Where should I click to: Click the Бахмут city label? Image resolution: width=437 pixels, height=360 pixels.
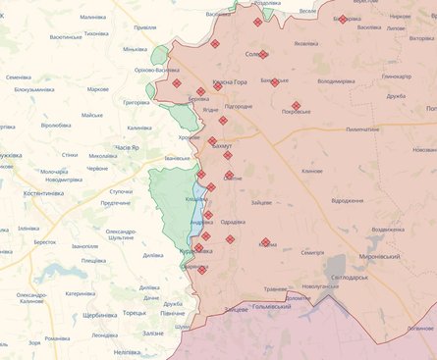point(221,145)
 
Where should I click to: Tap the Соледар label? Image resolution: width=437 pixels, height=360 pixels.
point(257,55)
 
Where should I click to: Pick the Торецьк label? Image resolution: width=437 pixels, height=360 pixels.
point(133,313)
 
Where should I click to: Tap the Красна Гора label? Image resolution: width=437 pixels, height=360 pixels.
point(232,82)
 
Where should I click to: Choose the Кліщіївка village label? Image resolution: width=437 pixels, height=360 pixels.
point(196,199)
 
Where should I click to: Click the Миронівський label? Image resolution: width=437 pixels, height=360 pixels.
point(401,255)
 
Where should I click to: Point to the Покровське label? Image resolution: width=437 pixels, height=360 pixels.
point(297,113)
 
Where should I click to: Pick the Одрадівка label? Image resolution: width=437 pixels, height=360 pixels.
point(233,222)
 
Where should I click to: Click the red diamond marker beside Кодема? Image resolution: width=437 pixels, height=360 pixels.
point(265,241)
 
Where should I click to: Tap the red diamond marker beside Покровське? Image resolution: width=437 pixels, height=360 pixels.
point(296,104)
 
